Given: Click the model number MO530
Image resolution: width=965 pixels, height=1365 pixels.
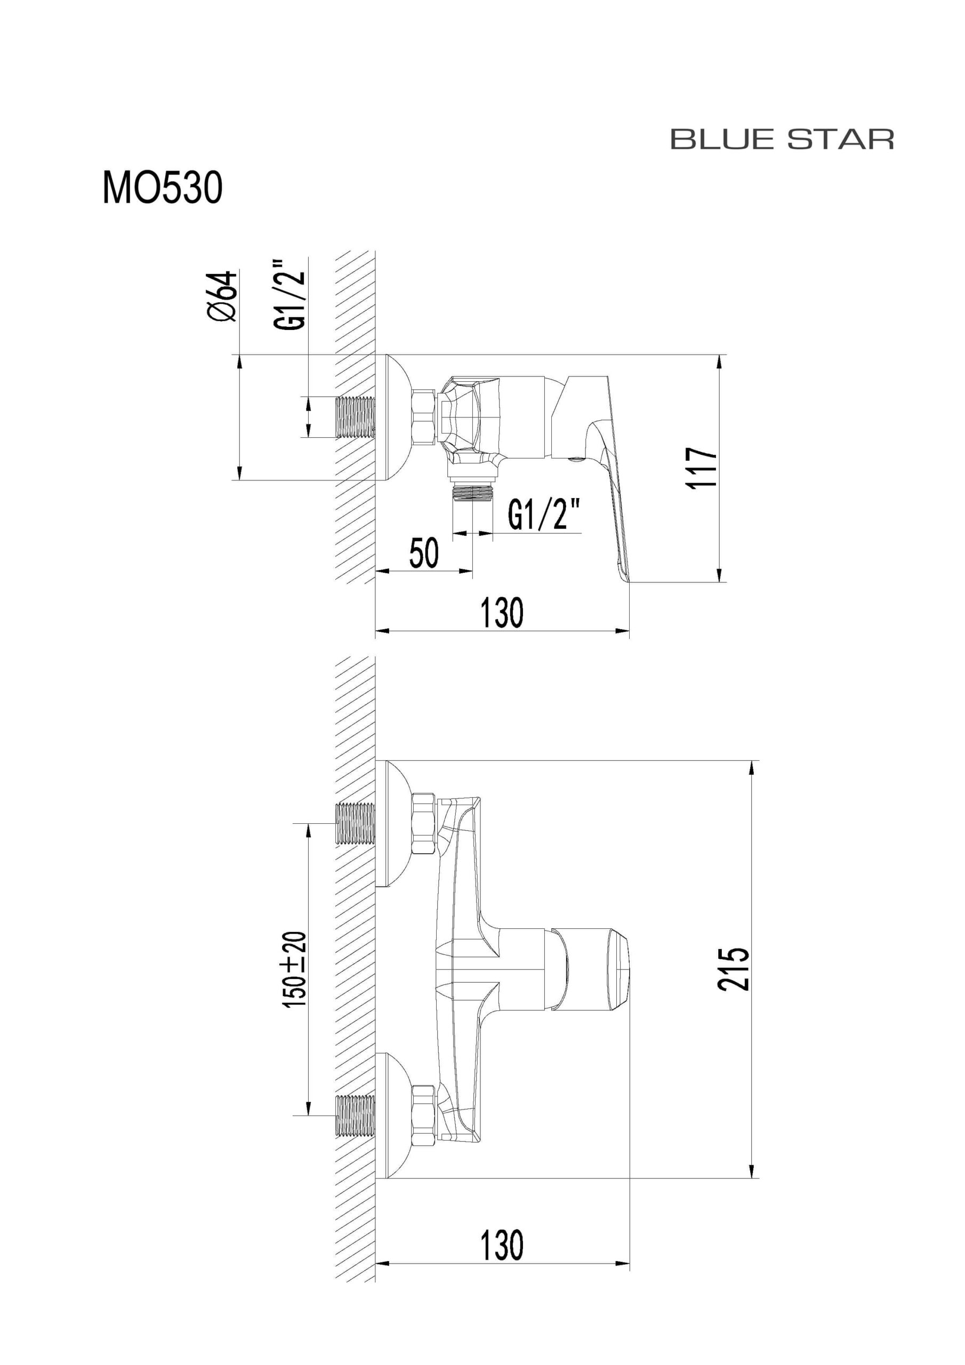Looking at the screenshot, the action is click(162, 188).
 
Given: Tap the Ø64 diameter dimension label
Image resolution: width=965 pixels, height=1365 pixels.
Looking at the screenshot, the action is click(223, 296).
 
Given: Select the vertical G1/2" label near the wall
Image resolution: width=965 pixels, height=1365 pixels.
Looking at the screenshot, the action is click(290, 294).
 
